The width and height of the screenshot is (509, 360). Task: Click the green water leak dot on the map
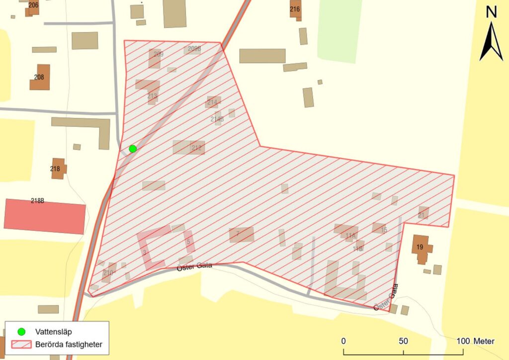tap(133, 149)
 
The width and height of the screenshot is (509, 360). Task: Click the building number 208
tap(39, 78)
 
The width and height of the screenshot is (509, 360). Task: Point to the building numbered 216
tap(295, 9)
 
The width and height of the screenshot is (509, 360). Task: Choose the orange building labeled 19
tap(421, 247)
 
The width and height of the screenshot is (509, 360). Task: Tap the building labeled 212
tap(189, 147)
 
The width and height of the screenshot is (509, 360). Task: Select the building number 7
tap(241, 234)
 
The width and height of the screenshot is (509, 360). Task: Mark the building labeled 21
tap(423, 214)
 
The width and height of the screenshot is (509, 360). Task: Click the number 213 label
tap(152, 96)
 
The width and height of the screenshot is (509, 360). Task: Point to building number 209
tap(155, 58)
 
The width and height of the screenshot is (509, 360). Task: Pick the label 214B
tap(217, 119)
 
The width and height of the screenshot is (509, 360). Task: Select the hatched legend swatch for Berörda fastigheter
tap(21, 344)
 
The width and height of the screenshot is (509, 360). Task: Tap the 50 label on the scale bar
tap(403, 342)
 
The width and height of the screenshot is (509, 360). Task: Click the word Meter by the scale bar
tap(484, 342)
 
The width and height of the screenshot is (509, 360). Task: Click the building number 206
tap(33, 5)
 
